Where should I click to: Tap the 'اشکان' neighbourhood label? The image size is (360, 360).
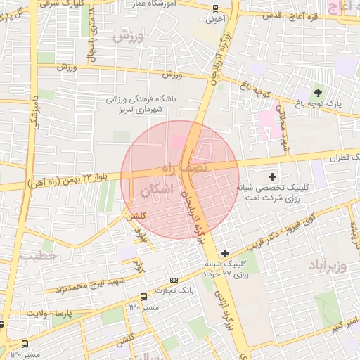[155, 190]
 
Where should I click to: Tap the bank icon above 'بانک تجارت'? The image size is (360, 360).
[174, 280]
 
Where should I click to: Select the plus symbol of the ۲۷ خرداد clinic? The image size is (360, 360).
[225, 253]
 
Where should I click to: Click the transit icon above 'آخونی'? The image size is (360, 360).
[215, 8]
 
